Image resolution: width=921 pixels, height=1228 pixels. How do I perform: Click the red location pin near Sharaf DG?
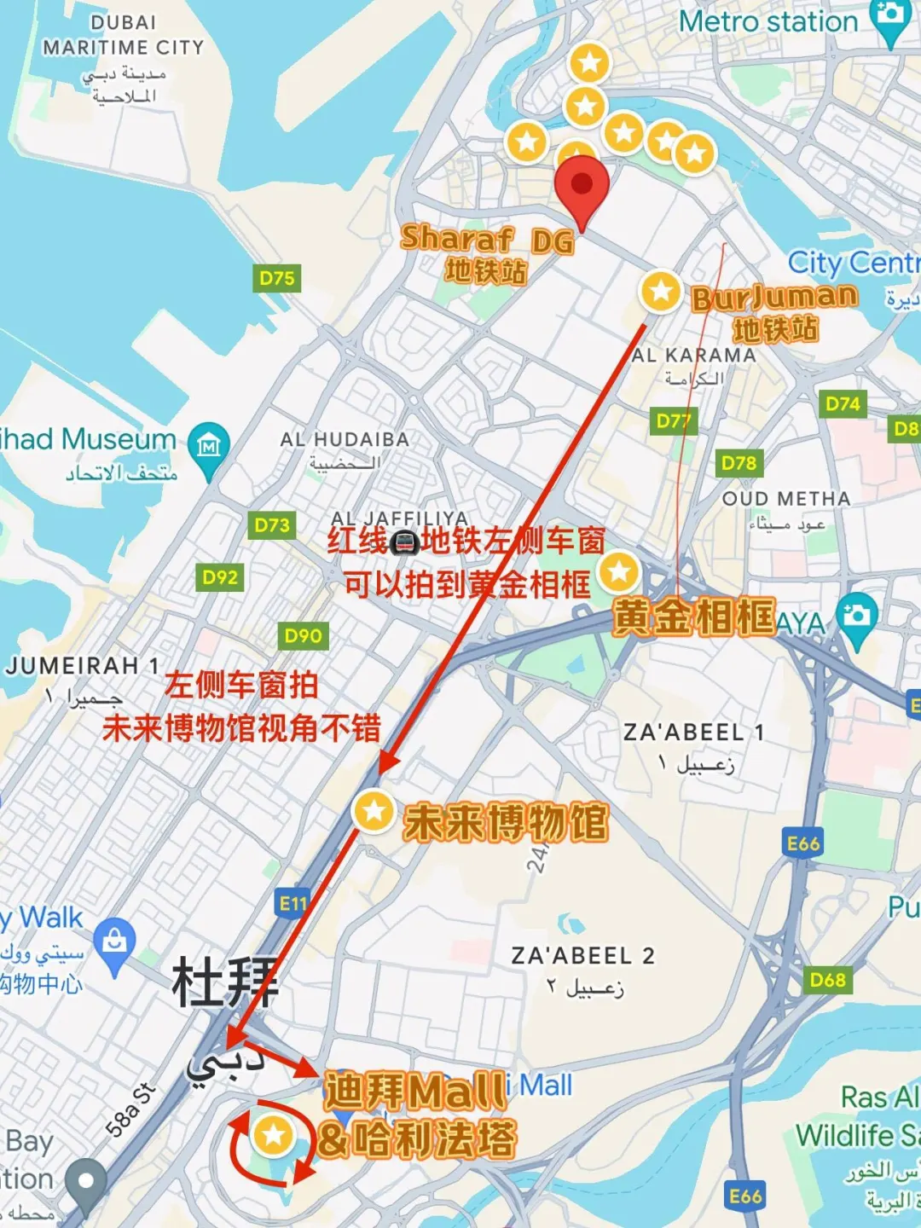click(582, 186)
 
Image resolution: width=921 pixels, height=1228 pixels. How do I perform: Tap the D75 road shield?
click(277, 278)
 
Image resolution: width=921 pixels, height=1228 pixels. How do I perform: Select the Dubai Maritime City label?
click(124, 35)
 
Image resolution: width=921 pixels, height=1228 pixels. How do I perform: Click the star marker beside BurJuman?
click(660, 292)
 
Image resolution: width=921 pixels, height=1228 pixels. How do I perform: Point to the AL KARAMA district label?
click(693, 356)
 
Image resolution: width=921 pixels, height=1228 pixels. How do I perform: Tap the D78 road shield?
click(739, 463)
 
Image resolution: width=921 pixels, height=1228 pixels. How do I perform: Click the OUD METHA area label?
click(785, 499)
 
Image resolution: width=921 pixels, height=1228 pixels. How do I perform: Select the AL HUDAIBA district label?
click(345, 439)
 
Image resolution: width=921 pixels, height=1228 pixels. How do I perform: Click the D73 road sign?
click(272, 525)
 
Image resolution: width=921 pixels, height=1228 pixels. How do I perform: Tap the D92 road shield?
click(220, 577)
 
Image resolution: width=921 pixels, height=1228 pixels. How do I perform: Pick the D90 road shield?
click(303, 635)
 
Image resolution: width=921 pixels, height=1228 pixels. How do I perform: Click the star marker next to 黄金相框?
click(619, 571)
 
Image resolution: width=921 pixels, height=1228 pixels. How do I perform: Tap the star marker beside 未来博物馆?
click(374, 811)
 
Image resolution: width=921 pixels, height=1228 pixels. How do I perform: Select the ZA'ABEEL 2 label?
click(582, 956)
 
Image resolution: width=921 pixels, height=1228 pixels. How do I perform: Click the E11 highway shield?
click(293, 903)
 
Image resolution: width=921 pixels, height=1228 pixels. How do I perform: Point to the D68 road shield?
click(827, 980)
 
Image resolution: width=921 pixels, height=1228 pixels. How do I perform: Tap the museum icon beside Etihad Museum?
click(209, 444)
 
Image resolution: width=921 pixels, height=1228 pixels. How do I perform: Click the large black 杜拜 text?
click(225, 982)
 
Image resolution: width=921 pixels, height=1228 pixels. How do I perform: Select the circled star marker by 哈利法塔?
click(273, 1135)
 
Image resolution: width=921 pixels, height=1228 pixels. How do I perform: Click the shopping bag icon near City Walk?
click(114, 941)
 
